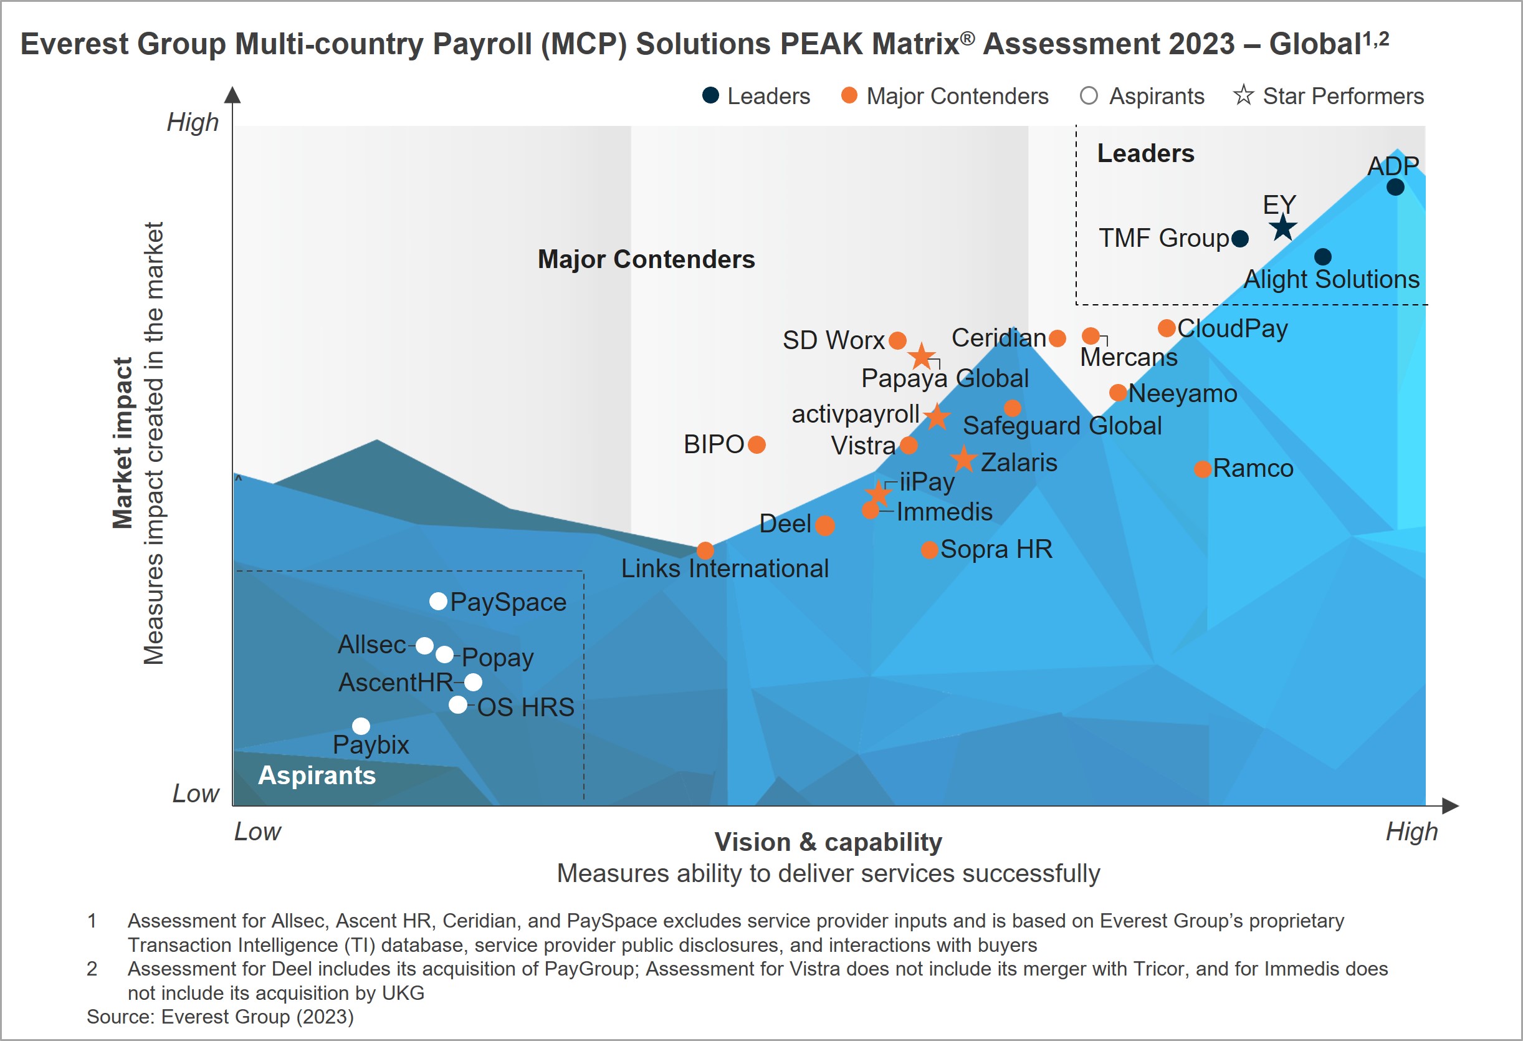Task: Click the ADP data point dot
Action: click(1395, 187)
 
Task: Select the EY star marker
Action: click(1282, 228)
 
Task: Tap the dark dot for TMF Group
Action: click(1239, 239)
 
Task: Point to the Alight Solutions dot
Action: click(1322, 256)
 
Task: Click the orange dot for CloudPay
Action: click(1167, 328)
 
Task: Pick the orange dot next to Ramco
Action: click(1202, 469)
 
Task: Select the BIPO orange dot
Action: click(757, 444)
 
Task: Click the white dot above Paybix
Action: click(361, 726)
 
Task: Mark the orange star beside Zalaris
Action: click(963, 459)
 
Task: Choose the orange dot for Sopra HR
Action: click(929, 549)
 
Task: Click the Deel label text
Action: click(785, 524)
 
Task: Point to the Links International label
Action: click(724, 568)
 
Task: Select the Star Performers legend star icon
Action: click(1243, 96)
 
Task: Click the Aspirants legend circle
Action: click(1089, 96)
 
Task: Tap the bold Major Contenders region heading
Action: click(646, 259)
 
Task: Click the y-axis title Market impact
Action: click(123, 443)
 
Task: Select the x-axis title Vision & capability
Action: click(828, 842)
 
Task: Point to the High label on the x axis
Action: click(1411, 831)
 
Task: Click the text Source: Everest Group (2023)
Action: click(220, 1017)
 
